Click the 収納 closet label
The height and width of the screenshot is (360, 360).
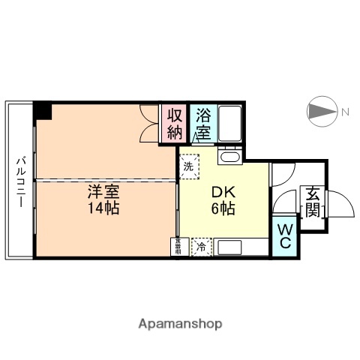click(175, 124)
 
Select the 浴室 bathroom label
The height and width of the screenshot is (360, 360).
click(203, 124)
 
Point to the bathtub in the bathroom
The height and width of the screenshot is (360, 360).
click(229, 123)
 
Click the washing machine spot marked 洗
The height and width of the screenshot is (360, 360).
click(189, 166)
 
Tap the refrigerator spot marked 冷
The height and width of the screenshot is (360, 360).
click(202, 244)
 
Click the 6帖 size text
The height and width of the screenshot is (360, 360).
click(223, 209)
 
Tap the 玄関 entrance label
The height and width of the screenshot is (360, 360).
click(312, 201)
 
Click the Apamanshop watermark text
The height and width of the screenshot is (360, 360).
click(180, 324)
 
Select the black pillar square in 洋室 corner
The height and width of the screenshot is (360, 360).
click(43, 110)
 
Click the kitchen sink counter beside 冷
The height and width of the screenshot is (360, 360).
click(240, 246)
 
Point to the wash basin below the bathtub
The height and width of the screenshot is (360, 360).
click(229, 156)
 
